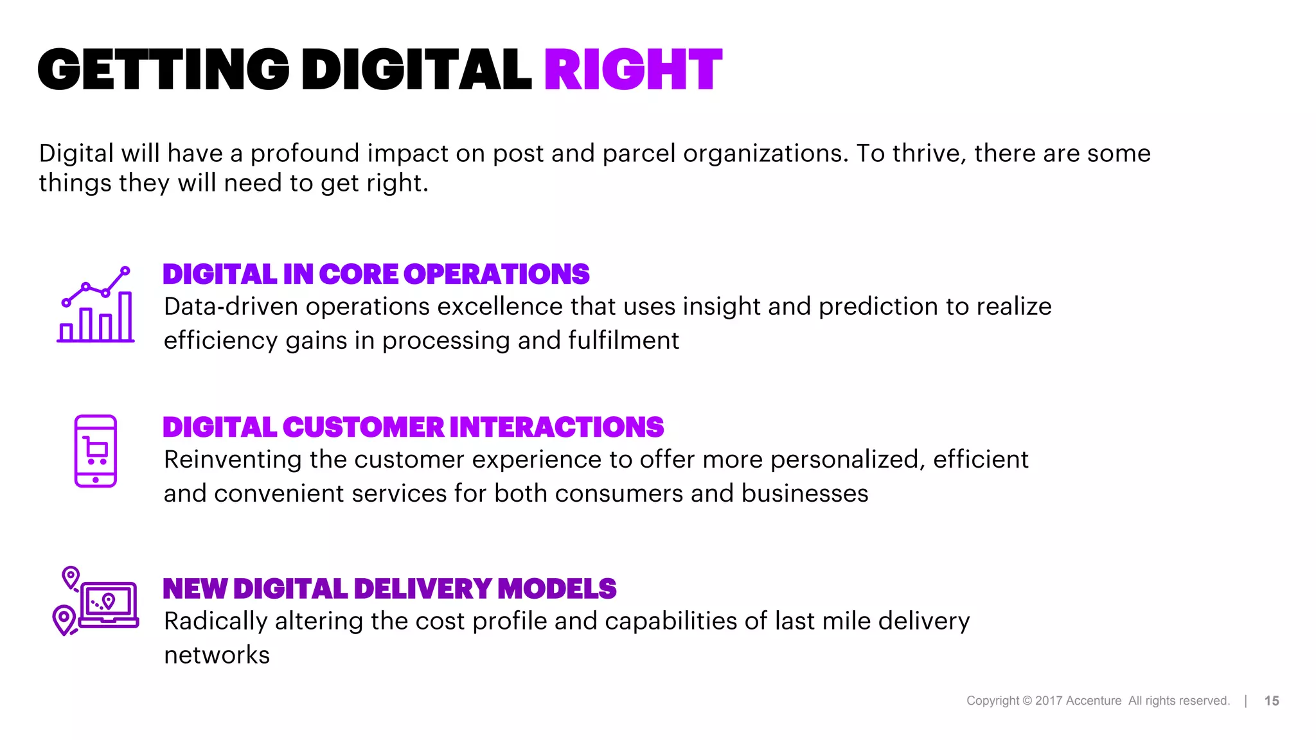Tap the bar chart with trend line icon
[96, 305]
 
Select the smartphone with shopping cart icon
[96, 451]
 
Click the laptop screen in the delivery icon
[108, 602]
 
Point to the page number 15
[1271, 701]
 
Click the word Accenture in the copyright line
[1093, 701]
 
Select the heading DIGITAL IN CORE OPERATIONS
[376, 274]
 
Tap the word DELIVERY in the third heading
[422, 589]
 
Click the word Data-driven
[231, 306]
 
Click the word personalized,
[848, 460]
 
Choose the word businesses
[805, 494]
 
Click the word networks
[217, 655]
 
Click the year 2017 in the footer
[1049, 701]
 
